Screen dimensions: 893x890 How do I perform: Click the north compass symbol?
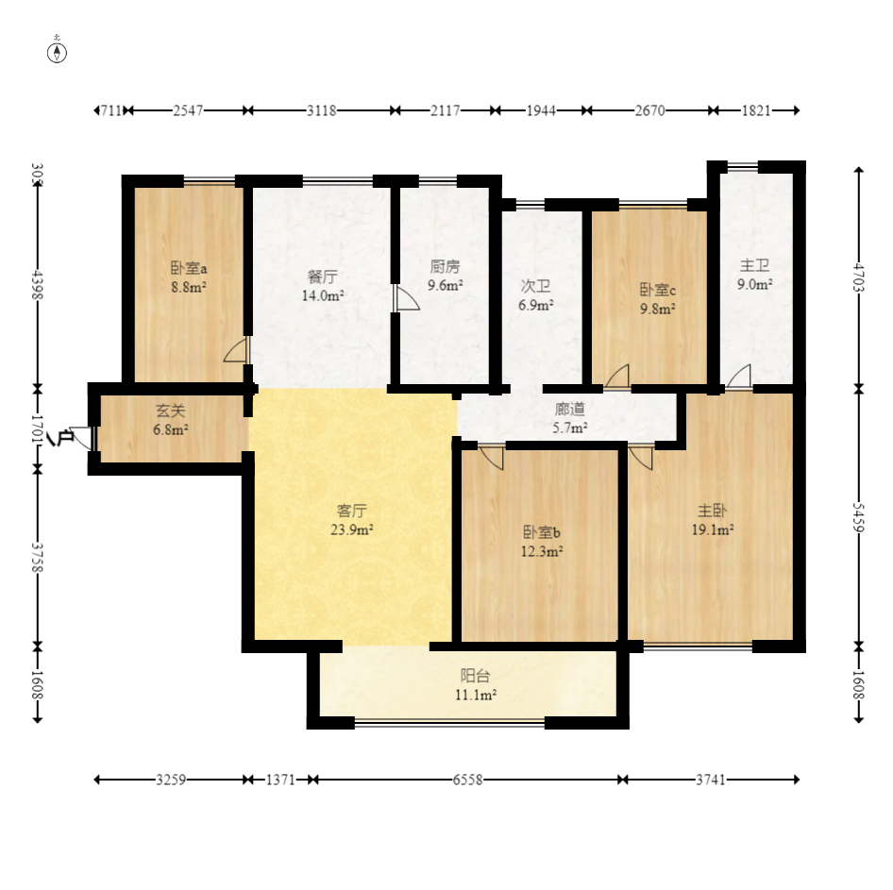(57, 53)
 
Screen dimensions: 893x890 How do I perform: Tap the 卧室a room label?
(189, 268)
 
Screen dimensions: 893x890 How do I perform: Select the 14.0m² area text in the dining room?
(323, 295)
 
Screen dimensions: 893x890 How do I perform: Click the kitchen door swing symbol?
(406, 298)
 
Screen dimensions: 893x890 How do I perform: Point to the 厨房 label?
(445, 266)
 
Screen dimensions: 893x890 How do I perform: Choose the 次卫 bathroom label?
(535, 286)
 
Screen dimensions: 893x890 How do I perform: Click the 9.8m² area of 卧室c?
(658, 309)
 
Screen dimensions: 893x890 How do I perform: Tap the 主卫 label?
(754, 265)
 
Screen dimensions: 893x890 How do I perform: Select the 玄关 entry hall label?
(171, 411)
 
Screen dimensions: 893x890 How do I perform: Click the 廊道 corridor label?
(570, 409)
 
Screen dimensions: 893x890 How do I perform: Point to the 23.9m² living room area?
(352, 529)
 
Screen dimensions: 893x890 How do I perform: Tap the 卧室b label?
(542, 532)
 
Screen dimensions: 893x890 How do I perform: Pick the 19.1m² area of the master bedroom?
(713, 529)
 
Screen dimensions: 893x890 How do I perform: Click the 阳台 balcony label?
(475, 676)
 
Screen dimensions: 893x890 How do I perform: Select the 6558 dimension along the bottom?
(467, 780)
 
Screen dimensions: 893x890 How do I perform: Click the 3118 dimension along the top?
(322, 110)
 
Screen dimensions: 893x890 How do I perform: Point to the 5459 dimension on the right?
(859, 517)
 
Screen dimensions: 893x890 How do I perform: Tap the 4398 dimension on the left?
(38, 284)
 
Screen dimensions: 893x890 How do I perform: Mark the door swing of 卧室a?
(236, 349)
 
